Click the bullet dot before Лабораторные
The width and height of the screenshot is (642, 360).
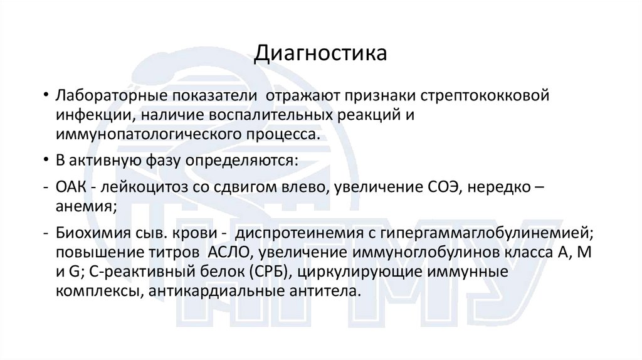[x=46, y=98]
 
